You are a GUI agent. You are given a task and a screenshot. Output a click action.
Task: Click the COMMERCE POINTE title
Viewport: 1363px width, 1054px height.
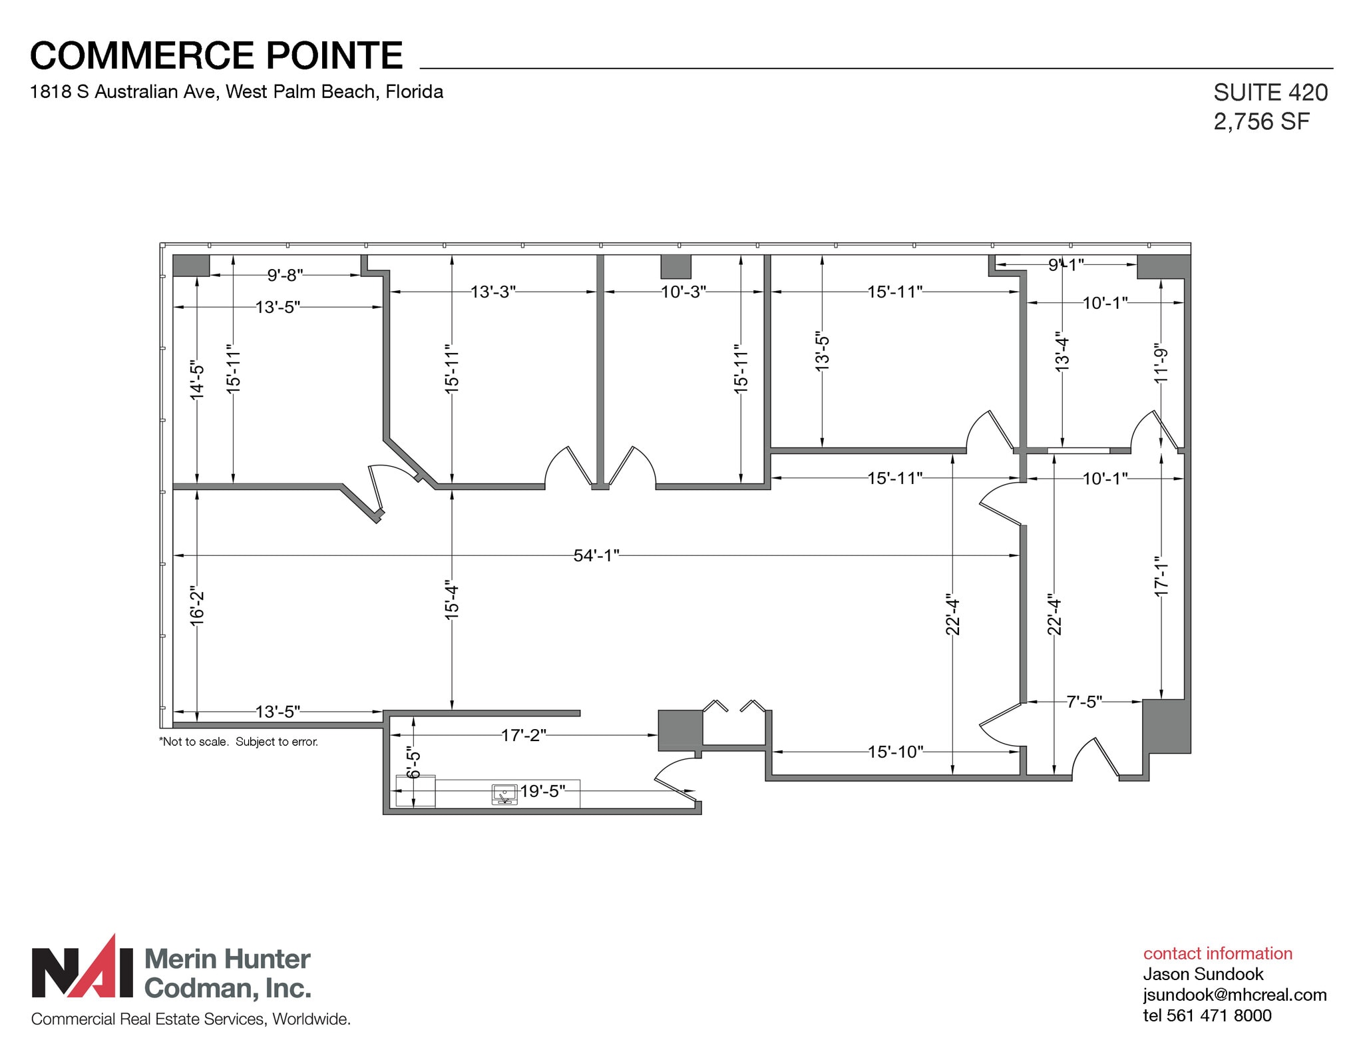point(216,55)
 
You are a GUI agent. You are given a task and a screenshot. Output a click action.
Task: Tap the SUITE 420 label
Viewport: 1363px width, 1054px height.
point(1270,93)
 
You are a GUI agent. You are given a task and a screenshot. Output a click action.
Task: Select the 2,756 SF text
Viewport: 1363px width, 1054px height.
point(1261,122)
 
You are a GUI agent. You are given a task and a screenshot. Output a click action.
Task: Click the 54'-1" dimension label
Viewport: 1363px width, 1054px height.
point(596,555)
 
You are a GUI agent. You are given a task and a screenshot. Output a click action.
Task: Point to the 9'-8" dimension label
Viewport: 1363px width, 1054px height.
point(285,275)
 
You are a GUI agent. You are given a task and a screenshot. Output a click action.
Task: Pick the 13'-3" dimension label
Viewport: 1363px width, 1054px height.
point(492,292)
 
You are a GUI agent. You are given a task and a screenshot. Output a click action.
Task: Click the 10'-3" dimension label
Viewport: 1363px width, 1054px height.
point(683,292)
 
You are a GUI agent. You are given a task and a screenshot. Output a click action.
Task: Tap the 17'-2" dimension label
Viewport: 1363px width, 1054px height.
point(523,735)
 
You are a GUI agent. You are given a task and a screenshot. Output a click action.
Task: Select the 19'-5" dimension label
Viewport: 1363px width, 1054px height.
point(542,791)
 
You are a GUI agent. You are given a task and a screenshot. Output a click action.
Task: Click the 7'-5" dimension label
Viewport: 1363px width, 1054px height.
point(1084,702)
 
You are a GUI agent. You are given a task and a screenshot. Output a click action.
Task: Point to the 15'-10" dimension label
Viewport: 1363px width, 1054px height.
point(895,752)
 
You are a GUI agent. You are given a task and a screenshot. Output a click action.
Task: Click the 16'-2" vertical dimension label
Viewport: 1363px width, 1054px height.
point(197,606)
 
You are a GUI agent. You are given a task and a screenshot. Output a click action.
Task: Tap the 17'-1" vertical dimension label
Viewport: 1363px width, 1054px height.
point(1161,576)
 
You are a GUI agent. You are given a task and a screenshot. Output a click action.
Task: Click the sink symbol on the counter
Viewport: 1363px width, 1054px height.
point(504,794)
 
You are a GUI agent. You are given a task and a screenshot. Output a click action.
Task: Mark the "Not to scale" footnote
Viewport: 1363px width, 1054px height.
point(238,742)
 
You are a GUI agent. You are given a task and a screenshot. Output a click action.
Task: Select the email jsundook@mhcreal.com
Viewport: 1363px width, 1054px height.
point(1235,995)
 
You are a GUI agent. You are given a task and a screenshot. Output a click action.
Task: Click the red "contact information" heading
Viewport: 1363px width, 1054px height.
point(1217,953)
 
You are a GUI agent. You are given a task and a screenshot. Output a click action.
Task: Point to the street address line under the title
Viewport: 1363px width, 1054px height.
point(236,92)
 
